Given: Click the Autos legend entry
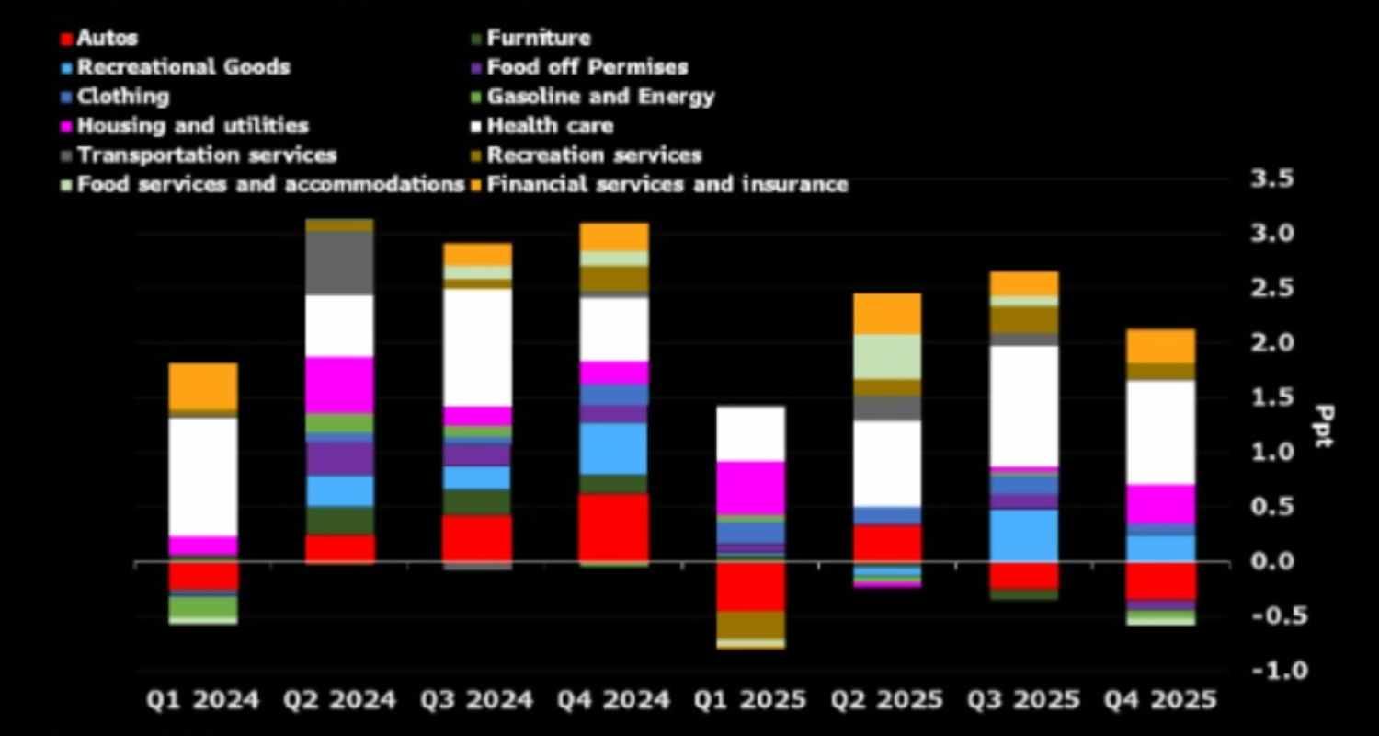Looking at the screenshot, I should (107, 39).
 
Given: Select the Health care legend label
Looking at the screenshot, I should (550, 126).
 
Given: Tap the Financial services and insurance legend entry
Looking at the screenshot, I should (667, 184).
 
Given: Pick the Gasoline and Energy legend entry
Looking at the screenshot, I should (599, 97).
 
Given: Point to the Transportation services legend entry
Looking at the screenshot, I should (206, 155).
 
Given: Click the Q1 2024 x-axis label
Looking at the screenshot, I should (203, 700).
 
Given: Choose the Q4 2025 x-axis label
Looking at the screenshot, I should (1161, 700).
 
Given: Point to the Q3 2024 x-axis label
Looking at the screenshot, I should (477, 700).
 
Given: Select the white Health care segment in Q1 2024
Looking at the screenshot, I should (203, 476).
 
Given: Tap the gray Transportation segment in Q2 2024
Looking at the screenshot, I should (340, 263).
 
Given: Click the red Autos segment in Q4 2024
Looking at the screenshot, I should (614, 527).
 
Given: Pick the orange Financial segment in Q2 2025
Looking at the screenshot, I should (887, 314).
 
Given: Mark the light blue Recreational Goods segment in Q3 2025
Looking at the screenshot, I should (1024, 535).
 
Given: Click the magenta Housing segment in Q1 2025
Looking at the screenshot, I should (751, 488).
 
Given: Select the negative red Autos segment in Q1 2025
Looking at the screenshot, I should (751, 586).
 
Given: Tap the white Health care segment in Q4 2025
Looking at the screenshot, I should (1161, 431).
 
